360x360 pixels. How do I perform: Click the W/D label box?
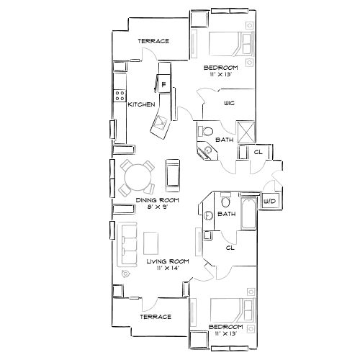click(x=271, y=201)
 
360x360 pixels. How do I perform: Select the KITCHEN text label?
click(x=141, y=105)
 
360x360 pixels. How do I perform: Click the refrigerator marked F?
click(x=163, y=85)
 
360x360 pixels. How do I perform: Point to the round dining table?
click(x=137, y=174)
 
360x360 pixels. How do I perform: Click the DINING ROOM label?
click(x=157, y=199)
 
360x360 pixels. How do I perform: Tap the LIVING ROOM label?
click(x=167, y=262)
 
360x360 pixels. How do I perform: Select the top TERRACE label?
click(x=153, y=41)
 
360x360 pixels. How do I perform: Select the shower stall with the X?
click(x=248, y=130)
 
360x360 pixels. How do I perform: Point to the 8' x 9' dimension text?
click(x=157, y=207)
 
